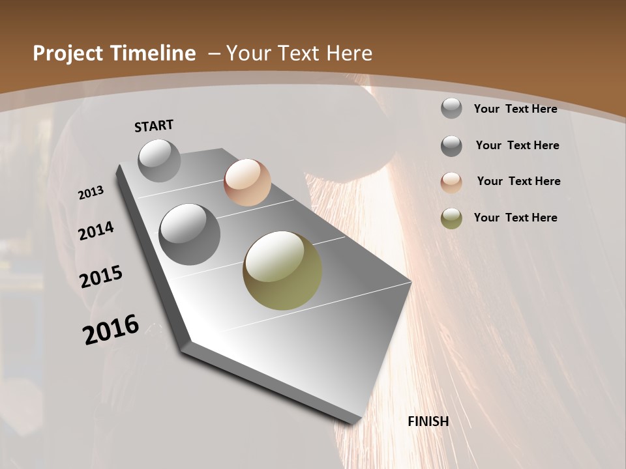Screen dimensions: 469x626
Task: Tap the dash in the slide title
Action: [x=214, y=53]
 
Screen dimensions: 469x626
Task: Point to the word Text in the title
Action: [x=297, y=53]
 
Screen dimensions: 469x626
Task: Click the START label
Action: [x=154, y=126]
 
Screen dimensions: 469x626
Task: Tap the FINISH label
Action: [x=428, y=421]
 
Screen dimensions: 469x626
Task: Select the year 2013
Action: [x=91, y=193]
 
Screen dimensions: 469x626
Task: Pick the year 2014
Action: [x=96, y=231]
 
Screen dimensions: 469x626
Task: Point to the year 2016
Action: [x=111, y=329]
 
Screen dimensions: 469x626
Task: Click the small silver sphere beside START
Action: [x=159, y=160]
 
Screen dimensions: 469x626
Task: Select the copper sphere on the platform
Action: [x=247, y=182]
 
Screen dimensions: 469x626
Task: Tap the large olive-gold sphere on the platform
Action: [x=282, y=270]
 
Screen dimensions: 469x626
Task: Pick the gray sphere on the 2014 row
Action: [x=189, y=234]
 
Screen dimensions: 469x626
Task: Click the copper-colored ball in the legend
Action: [x=451, y=182]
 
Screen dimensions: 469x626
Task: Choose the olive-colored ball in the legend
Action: [x=451, y=218]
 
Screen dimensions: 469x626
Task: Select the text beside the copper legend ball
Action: [x=518, y=181]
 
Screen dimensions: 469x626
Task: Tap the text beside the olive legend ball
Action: [x=515, y=218]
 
